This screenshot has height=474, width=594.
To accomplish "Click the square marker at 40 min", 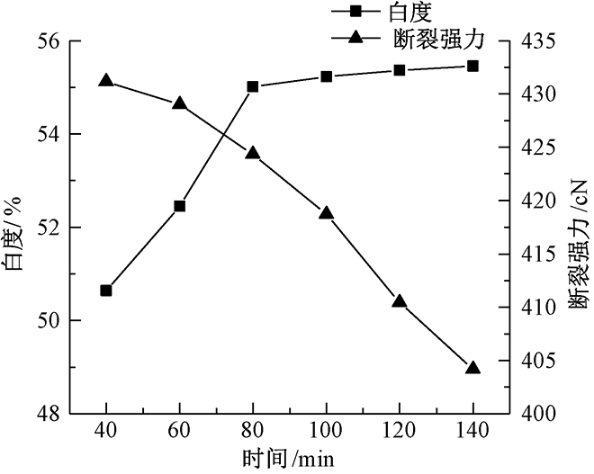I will pos(106,291).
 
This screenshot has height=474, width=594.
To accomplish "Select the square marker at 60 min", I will pos(179,206).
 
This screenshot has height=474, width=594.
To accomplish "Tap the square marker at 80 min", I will pos(253,86).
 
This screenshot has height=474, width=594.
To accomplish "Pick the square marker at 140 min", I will pos(472,66).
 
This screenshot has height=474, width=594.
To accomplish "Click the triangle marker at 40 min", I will pos(106,81).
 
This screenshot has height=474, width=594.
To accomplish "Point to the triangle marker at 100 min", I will pos(326,213).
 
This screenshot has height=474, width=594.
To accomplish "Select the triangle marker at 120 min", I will pos(400,301).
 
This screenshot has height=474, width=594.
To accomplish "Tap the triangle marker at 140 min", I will pos(472,368).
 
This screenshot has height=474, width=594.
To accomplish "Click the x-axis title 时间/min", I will pos(289,459).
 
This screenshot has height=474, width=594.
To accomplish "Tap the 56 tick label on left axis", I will pos(49,41).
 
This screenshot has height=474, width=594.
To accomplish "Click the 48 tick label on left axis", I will pos(49,414).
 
